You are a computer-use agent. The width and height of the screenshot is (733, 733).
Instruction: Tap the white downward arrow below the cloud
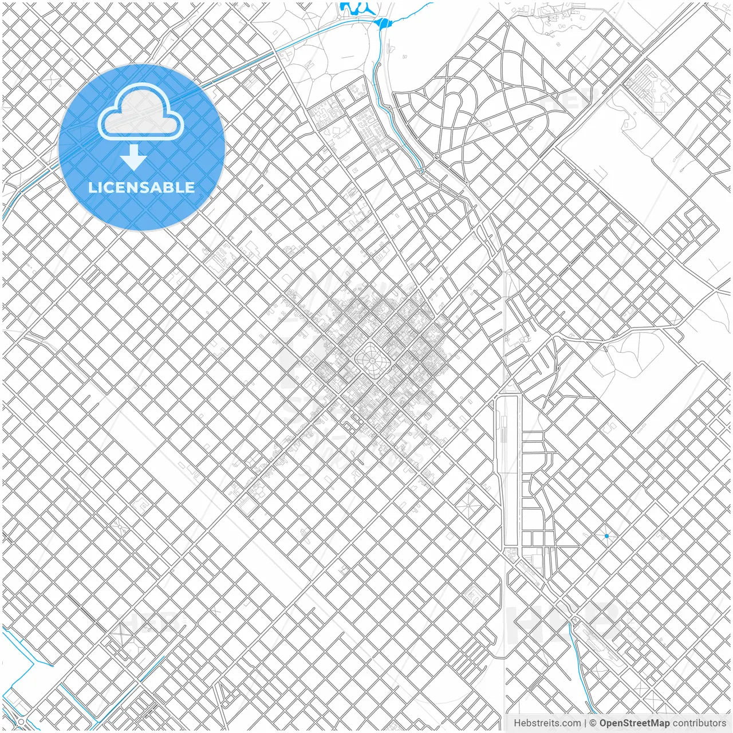(x=133, y=158)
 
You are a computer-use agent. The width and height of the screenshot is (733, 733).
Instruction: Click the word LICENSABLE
(x=141, y=187)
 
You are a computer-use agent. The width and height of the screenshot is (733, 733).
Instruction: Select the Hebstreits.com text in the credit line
(x=547, y=723)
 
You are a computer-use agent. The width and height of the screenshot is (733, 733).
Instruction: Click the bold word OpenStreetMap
(x=635, y=723)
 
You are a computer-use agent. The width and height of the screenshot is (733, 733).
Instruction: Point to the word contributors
(x=699, y=723)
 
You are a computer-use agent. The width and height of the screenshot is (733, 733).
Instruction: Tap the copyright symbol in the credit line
(x=593, y=723)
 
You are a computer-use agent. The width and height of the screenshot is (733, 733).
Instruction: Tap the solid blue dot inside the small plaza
(x=606, y=536)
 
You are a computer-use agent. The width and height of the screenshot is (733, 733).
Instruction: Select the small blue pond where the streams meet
(x=382, y=23)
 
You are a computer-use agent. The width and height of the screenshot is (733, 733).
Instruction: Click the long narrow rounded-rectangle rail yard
(x=507, y=470)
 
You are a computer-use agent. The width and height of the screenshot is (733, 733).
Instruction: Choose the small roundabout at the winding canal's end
(x=421, y=171)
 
